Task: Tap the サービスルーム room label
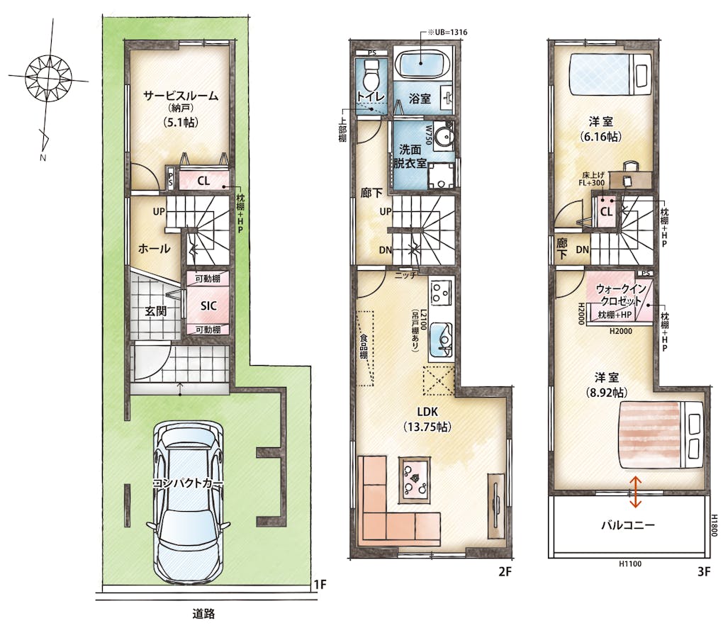click(x=180, y=96)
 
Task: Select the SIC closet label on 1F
click(x=208, y=305)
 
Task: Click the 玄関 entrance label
click(x=155, y=311)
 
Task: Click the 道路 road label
click(x=203, y=613)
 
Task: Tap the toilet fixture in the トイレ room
click(x=371, y=76)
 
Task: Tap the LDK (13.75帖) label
click(x=427, y=419)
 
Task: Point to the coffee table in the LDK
click(x=415, y=481)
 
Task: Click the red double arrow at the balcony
click(x=635, y=493)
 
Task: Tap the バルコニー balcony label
click(x=628, y=525)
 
